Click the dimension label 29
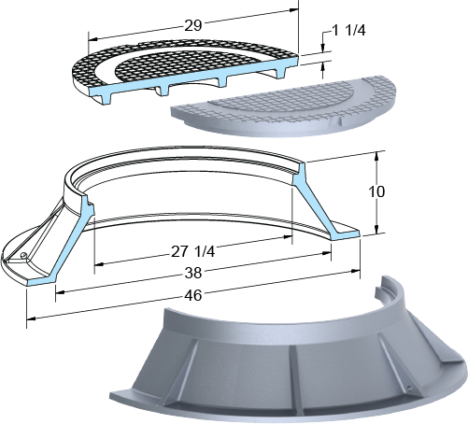(x=193, y=25)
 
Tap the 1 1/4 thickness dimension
(x=348, y=31)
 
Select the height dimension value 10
(x=376, y=191)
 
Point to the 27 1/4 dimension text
(x=192, y=251)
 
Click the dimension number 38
(x=193, y=273)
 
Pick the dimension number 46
(x=193, y=295)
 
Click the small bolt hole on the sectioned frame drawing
(x=23, y=256)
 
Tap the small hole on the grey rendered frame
(x=409, y=389)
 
